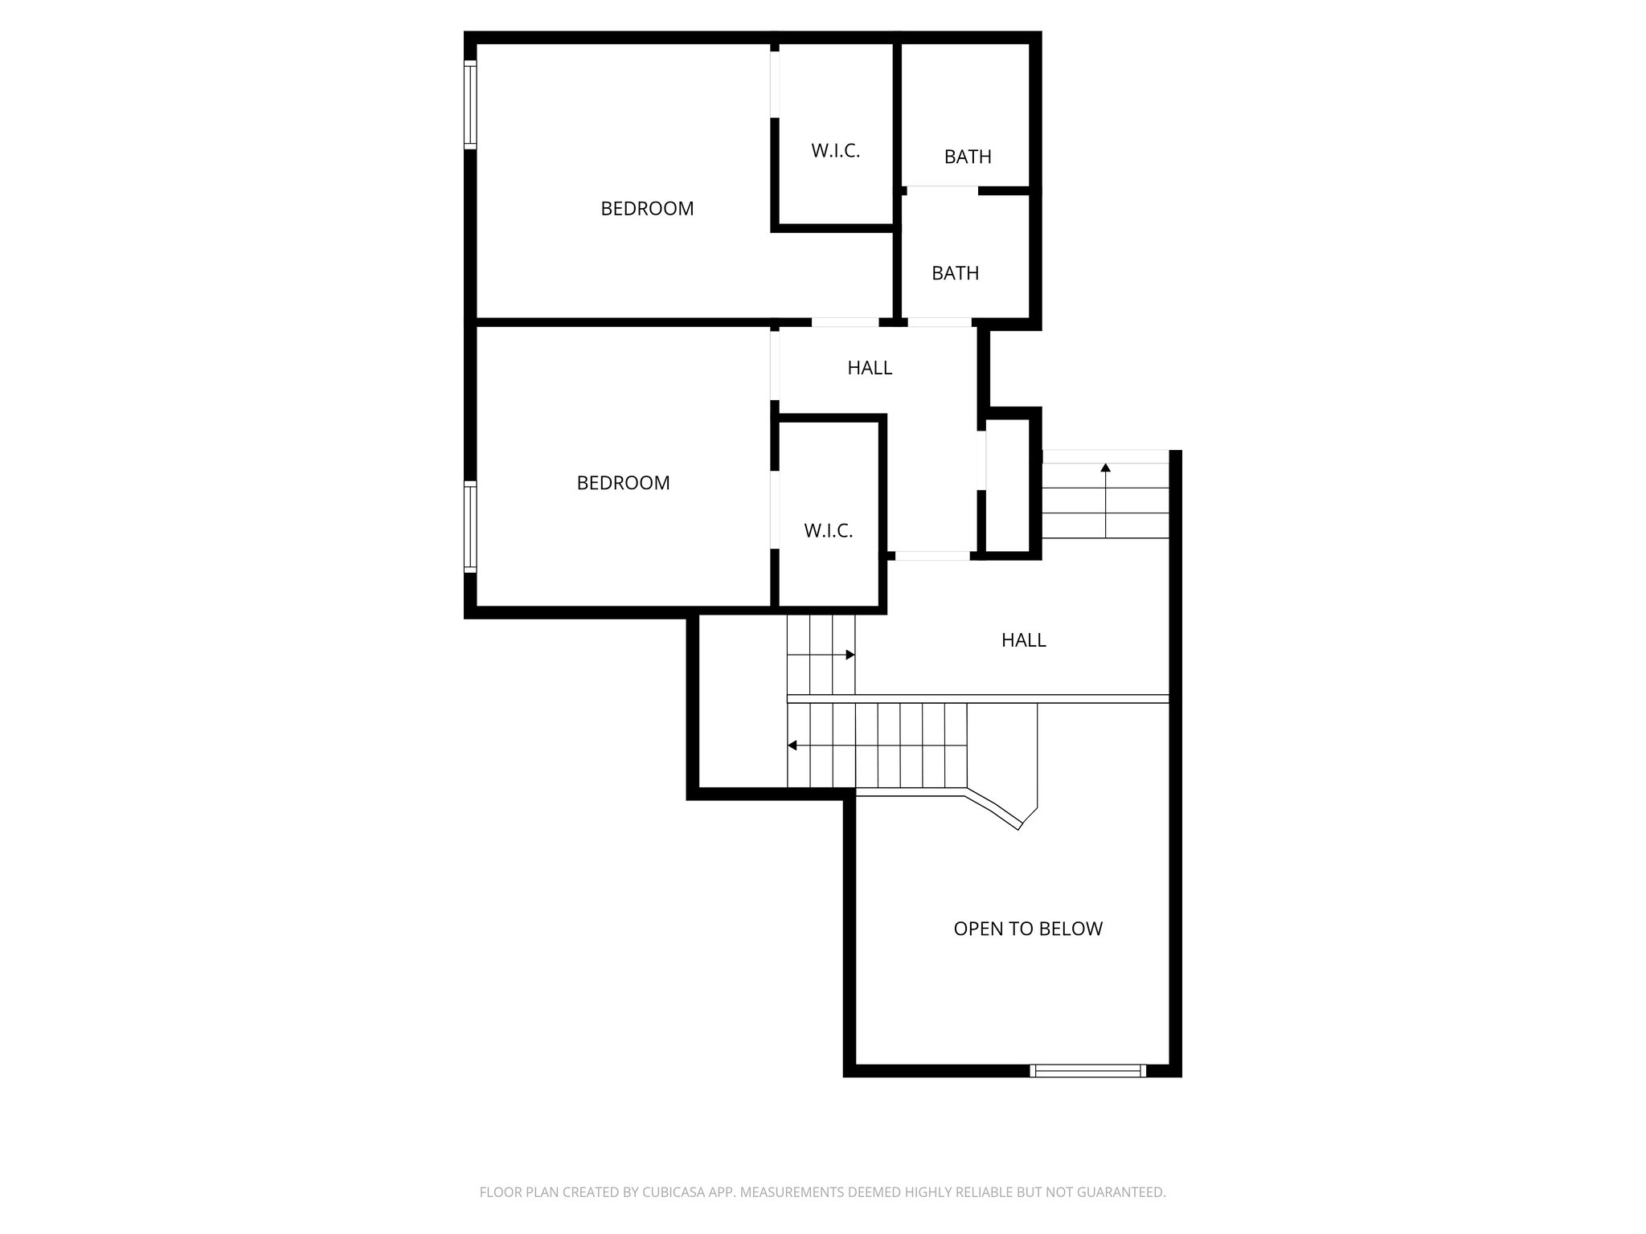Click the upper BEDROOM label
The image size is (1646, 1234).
pos(647,209)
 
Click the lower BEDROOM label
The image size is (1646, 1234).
pos(623,483)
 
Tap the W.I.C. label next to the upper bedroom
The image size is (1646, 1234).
pos(835,151)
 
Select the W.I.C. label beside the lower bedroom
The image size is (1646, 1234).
pos(828,531)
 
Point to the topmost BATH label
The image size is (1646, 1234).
pos(968,157)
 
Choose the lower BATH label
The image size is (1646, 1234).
pos(955,274)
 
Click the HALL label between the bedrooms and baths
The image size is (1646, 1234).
pos(870,368)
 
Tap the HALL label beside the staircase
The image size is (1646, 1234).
pos(1023,640)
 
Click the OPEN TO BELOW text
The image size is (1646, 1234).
pos(1028,929)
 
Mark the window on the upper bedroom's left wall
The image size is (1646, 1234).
pos(470,104)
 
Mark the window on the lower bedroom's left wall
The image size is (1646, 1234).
pos(470,526)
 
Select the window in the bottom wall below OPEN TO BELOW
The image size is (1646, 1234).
pos(1088,1070)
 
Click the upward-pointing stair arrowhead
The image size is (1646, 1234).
pos(1106,467)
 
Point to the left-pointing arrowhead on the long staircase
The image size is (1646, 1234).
pos(792,746)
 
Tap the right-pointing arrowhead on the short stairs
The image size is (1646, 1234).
pos(850,655)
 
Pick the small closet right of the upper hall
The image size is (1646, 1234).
pos(1009,486)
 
